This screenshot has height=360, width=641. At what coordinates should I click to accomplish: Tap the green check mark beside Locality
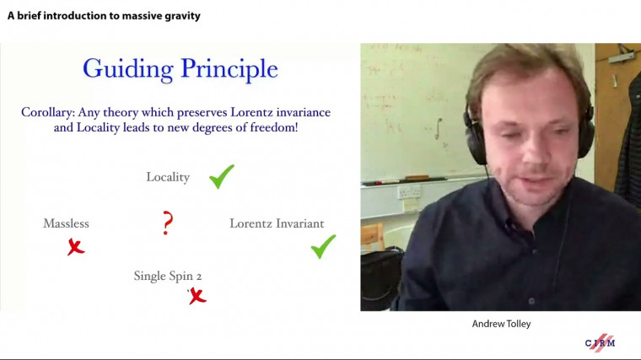(x=222, y=176)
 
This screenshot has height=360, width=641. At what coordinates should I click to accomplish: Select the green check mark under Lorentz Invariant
(x=323, y=246)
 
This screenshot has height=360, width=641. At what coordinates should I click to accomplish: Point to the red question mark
(x=168, y=223)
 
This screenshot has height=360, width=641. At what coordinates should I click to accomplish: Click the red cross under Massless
(x=76, y=247)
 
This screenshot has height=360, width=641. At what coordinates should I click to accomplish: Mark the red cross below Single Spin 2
(x=197, y=295)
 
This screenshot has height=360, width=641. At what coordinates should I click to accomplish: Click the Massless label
(x=66, y=223)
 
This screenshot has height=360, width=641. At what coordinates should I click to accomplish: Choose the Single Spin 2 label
(x=168, y=276)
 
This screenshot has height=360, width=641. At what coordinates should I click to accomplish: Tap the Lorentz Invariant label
(x=277, y=223)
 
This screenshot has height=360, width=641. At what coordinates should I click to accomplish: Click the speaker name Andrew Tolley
(x=500, y=323)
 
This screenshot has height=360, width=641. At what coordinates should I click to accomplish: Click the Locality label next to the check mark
(x=168, y=177)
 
